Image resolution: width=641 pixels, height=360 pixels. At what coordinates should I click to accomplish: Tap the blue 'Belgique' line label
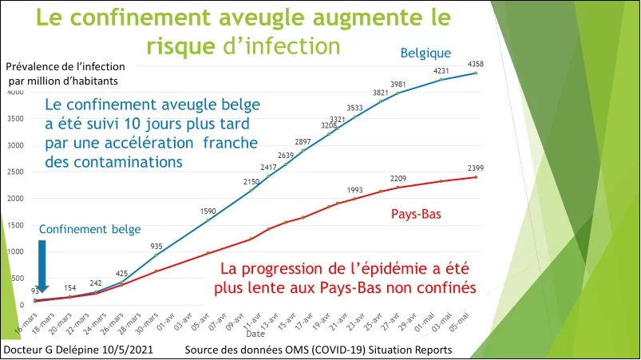pos(425,53)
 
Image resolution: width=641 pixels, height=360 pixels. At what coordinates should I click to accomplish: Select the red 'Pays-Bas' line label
pos(416,214)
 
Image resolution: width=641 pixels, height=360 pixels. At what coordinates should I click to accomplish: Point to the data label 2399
pos(476,167)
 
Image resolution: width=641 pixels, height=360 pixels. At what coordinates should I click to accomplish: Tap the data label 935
pos(156,247)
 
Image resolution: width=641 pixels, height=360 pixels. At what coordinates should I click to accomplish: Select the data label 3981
pos(398,85)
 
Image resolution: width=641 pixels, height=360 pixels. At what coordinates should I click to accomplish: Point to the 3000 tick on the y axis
pos(16,145)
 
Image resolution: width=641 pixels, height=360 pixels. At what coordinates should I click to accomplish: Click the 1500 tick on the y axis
pos(16,225)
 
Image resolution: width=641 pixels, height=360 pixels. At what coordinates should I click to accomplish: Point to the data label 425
pos(121,273)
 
